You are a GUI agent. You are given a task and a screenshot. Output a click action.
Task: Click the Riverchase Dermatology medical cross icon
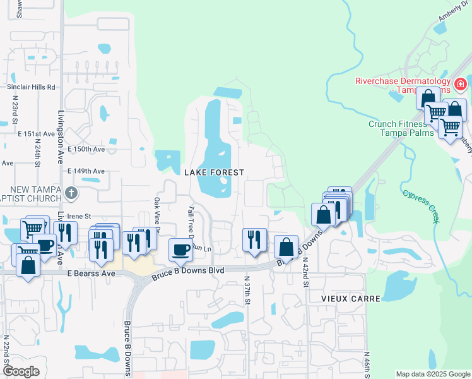tap(461, 83)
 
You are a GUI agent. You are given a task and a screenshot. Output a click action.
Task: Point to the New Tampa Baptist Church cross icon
tap(72, 193)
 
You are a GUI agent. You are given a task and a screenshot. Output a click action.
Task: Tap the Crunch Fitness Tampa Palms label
tap(401, 128)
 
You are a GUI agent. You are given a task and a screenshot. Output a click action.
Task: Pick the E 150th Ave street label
tap(86, 149)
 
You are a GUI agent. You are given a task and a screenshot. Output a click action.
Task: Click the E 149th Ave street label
tap(86, 171)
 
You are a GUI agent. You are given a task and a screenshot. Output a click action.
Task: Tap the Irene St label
tap(80, 216)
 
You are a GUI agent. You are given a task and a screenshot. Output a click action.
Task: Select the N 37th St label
tap(247, 291)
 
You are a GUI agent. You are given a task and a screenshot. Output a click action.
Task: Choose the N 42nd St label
tap(305, 271)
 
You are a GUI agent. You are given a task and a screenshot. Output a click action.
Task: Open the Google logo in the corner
tap(20, 371)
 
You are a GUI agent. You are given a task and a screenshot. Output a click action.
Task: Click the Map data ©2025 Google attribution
tap(432, 374)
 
